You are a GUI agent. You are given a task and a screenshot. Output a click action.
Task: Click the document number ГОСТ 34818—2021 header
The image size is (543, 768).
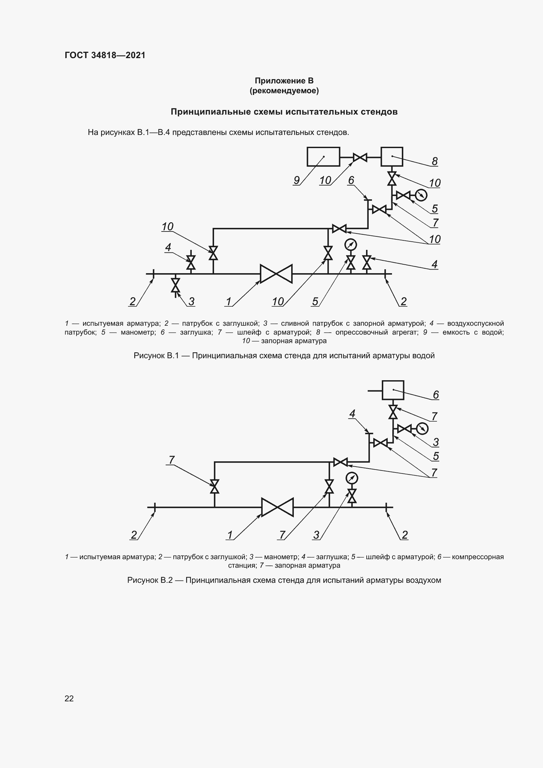pyautogui.click(x=105, y=55)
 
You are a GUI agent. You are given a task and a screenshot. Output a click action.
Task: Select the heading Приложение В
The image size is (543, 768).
pyautogui.click(x=284, y=81)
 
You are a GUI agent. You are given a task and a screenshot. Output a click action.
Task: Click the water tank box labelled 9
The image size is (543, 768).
pyautogui.click(x=323, y=157)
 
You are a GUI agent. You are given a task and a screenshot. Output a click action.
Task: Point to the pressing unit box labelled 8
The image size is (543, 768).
pyautogui.click(x=392, y=157)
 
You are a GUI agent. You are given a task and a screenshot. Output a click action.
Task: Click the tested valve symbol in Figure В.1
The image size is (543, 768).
pyautogui.click(x=276, y=274)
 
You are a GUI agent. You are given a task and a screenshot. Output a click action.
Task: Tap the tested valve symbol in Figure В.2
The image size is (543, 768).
pyautogui.click(x=277, y=507)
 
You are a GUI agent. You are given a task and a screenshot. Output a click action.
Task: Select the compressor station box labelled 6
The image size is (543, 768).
pyautogui.click(x=393, y=390)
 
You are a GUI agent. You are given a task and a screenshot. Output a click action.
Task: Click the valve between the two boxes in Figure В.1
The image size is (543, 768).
pyautogui.click(x=360, y=157)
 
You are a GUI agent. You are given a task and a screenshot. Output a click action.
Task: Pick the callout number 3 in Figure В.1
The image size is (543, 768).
pyautogui.click(x=191, y=301)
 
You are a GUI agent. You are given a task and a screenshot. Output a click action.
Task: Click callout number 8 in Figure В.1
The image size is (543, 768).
pyautogui.click(x=434, y=162)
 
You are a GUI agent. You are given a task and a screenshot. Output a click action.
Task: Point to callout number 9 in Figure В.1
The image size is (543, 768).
pyautogui.click(x=296, y=180)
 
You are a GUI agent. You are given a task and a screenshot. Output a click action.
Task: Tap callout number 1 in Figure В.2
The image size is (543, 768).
pyautogui.click(x=230, y=535)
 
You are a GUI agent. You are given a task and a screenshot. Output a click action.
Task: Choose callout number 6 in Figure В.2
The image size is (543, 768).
pyautogui.click(x=436, y=395)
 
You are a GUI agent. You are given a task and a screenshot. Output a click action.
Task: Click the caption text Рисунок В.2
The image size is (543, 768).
pyautogui.click(x=150, y=580)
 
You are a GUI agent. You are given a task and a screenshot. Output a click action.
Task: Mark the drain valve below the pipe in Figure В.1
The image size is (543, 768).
pyautogui.click(x=175, y=285)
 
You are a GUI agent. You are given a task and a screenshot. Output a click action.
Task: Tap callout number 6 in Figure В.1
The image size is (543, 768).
pyautogui.click(x=351, y=180)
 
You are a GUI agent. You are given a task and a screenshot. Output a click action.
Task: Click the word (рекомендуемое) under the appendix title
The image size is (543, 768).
pyautogui.click(x=284, y=91)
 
